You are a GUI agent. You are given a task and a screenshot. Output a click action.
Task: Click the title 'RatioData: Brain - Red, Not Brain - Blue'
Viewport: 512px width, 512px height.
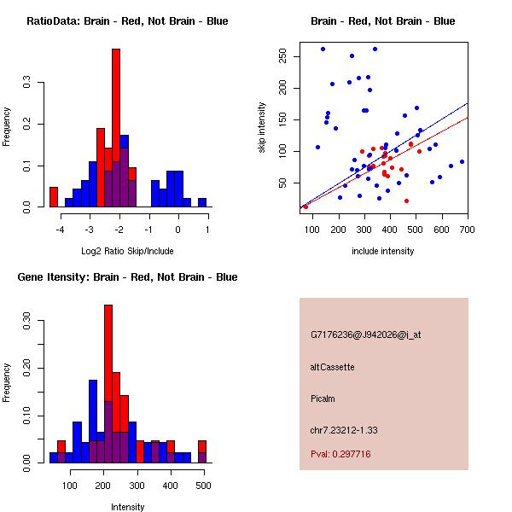[x=127, y=20]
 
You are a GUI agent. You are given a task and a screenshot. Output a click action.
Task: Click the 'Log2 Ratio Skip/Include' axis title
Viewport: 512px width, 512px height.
[x=127, y=250]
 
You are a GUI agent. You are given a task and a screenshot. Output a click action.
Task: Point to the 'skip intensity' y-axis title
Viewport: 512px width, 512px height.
[x=262, y=127]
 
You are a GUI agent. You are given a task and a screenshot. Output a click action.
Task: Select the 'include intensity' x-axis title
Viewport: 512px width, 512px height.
[x=382, y=251]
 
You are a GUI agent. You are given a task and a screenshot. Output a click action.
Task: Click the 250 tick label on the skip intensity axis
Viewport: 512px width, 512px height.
[x=282, y=56]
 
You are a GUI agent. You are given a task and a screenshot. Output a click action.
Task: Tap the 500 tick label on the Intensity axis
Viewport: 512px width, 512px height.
[x=203, y=486]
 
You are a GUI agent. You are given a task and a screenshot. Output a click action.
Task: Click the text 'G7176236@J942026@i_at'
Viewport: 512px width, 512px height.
[x=365, y=335]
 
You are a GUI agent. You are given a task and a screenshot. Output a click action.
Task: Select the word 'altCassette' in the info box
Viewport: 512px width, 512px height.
[x=332, y=367]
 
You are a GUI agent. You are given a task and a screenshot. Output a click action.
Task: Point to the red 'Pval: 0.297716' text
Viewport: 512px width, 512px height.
[x=340, y=455]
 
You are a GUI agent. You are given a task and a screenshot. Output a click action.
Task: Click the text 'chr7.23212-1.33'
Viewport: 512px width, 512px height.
[x=344, y=429]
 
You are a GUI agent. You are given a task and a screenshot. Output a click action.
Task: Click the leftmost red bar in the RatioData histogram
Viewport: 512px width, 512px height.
[x=54, y=197]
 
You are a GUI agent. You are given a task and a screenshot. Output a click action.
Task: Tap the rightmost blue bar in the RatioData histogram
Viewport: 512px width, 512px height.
[x=202, y=203]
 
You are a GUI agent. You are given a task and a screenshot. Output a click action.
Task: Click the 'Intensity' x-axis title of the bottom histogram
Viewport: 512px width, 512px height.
[x=127, y=507]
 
